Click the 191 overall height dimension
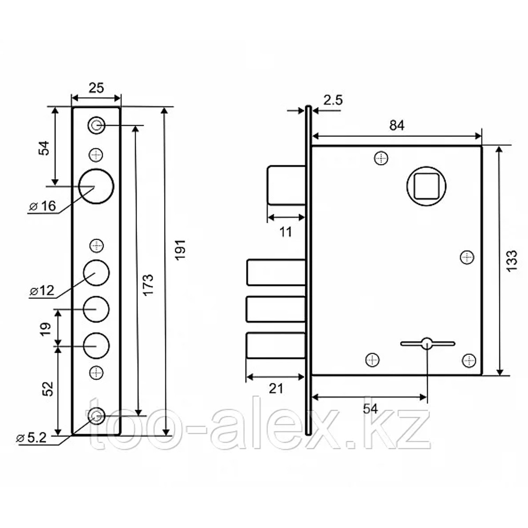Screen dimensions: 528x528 point(180,250)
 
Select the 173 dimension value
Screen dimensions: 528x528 point(148,285)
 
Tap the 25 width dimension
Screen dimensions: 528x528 point(96,88)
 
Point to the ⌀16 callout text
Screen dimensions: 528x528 point(42,206)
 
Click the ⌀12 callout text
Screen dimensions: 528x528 point(42,290)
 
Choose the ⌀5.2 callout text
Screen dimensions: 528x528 point(31,438)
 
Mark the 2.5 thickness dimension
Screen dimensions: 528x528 point(333,100)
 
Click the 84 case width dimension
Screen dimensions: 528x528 point(397,125)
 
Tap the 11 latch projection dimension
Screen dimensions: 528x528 point(286,232)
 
